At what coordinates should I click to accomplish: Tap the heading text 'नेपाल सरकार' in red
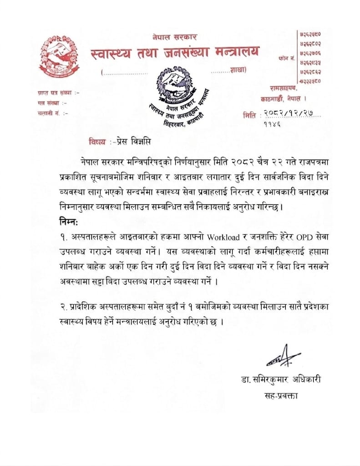(x=175, y=37)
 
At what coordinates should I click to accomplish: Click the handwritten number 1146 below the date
(x=272, y=123)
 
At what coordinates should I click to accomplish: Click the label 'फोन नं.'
(x=286, y=59)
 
